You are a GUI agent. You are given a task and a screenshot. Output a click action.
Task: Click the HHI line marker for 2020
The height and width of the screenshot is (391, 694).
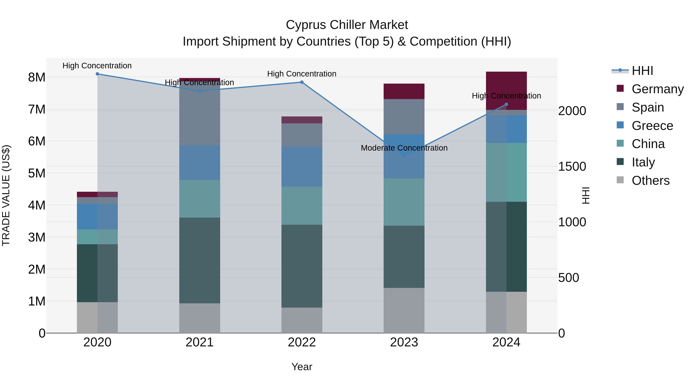click(97, 74)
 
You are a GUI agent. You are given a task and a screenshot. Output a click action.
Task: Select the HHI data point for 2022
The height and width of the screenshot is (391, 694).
click(302, 82)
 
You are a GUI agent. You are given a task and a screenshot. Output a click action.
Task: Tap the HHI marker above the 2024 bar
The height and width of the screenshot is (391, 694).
click(506, 104)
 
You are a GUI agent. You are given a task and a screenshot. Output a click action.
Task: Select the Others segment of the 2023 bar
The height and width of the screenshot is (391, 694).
click(404, 310)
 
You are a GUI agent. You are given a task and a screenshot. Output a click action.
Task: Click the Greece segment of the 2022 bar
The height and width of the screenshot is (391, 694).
click(302, 166)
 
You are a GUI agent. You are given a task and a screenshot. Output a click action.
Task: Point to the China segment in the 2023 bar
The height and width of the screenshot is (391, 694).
click(404, 202)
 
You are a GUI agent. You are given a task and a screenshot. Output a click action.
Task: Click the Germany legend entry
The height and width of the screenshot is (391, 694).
click(657, 89)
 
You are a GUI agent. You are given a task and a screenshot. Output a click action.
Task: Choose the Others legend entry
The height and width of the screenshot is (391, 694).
click(650, 181)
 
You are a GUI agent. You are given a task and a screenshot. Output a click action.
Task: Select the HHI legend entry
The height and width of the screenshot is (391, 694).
click(642, 71)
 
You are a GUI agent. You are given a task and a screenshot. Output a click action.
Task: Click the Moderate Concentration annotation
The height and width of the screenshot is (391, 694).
click(404, 148)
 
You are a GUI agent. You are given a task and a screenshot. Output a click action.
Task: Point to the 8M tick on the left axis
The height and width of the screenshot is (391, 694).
click(37, 77)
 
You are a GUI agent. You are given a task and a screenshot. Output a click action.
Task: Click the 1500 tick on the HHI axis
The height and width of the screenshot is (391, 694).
click(572, 166)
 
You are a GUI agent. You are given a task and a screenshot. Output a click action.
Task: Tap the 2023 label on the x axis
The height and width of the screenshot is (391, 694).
click(404, 342)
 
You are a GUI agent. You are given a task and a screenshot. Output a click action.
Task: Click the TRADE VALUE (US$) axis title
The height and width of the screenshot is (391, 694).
click(6, 195)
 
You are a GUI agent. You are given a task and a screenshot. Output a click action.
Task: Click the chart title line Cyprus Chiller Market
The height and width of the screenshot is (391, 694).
click(347, 25)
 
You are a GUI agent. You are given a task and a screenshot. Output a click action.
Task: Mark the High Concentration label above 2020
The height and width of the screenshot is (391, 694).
click(97, 66)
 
